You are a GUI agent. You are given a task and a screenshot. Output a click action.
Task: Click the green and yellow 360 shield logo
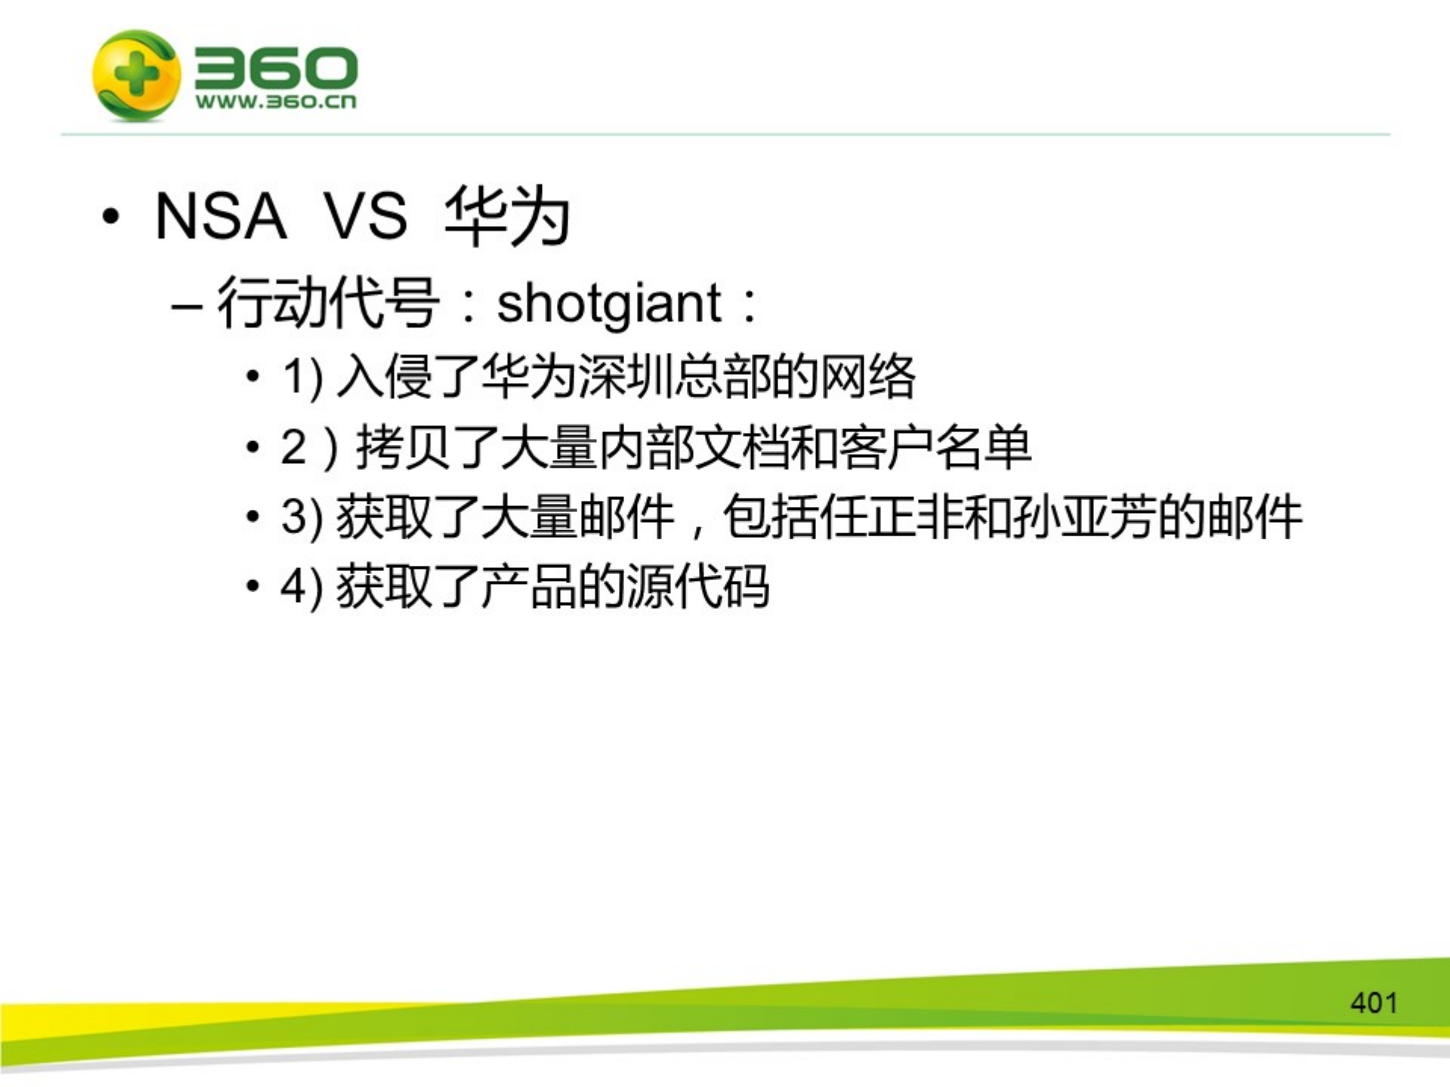[x=137, y=76]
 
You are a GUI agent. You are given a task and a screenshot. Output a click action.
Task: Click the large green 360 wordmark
[x=276, y=68]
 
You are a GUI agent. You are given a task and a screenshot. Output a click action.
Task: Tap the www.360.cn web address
[x=276, y=102]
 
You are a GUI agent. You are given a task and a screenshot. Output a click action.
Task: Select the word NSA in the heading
[x=221, y=217]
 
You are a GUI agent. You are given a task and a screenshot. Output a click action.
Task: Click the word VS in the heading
[x=366, y=217]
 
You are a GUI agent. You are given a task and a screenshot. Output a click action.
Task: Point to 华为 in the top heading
[x=507, y=217]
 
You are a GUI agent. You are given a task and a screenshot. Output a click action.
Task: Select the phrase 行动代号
[x=329, y=303]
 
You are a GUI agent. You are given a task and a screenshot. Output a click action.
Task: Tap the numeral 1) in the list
[x=302, y=377]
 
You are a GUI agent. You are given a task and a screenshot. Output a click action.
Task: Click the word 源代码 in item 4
[x=698, y=587]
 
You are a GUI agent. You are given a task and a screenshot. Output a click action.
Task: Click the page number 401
[x=1374, y=1003]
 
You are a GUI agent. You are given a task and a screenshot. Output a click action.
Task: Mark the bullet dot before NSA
[x=111, y=217]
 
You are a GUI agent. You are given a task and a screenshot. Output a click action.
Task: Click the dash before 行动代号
[x=186, y=308]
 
